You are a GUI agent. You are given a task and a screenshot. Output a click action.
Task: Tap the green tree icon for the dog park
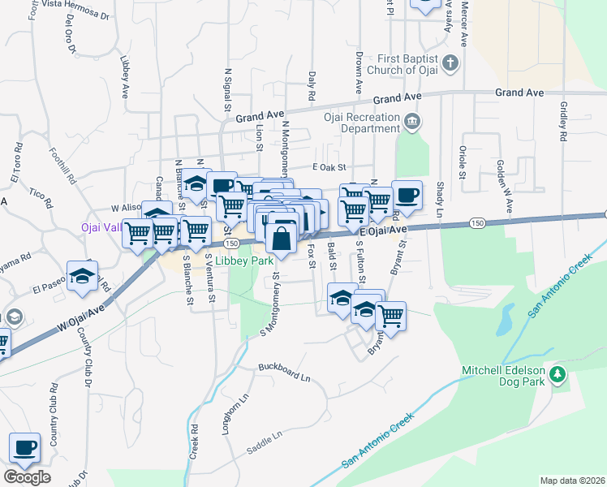(x=557, y=374)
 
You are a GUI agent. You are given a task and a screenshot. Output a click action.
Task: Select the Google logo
(x=27, y=477)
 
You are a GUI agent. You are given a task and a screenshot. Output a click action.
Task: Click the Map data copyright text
(x=572, y=481)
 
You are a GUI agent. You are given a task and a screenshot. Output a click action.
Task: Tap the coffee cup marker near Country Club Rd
(x=24, y=448)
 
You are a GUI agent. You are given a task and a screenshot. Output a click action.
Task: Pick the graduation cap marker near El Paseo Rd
(x=83, y=276)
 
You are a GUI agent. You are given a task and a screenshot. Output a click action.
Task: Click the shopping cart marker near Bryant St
(x=391, y=315)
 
